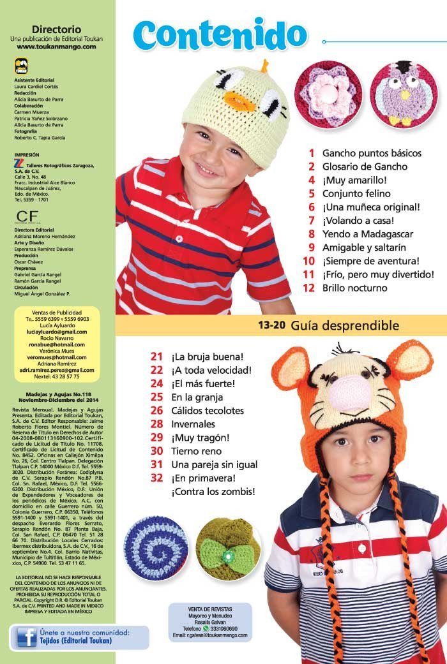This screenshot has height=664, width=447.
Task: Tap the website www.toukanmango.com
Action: tap(56, 47)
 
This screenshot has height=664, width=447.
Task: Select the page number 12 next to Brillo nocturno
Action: tap(309, 288)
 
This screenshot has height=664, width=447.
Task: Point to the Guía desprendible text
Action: tap(345, 325)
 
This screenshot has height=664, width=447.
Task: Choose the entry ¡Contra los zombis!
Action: tap(213, 491)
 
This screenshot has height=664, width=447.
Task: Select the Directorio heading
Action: tap(56, 29)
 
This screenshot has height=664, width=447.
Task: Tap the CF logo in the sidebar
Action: tap(24, 214)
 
